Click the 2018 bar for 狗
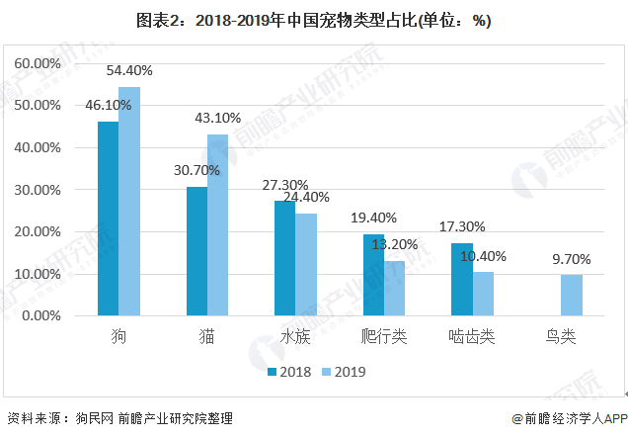(108, 219)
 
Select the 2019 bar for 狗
(129, 202)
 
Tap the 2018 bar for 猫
(196, 251)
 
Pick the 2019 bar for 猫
(218, 225)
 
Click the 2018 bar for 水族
(284, 258)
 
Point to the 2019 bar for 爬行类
(394, 288)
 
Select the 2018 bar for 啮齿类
(461, 280)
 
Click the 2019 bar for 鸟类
(572, 296)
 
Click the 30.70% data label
(196, 170)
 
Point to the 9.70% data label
(572, 259)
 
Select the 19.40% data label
(373, 218)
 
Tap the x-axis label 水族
(295, 338)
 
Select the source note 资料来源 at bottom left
(119, 418)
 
